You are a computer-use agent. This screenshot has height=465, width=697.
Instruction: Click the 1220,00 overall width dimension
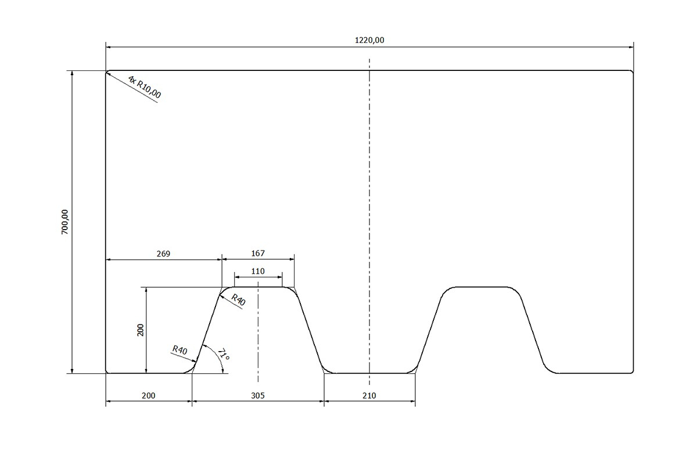(x=369, y=40)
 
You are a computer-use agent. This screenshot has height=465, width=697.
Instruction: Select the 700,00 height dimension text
(x=64, y=222)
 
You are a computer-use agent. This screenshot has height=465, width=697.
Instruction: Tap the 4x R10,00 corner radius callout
(x=145, y=87)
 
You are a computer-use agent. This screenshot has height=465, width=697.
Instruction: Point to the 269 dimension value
(x=163, y=254)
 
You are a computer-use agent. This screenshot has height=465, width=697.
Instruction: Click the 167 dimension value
(x=258, y=253)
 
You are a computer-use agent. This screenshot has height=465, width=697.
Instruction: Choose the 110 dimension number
(x=258, y=271)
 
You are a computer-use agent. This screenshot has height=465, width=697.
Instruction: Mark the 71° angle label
(x=224, y=355)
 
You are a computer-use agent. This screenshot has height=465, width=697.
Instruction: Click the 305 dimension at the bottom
(x=258, y=396)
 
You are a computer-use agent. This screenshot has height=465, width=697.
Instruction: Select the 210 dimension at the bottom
(x=369, y=396)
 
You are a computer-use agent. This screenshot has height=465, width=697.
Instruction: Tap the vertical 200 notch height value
(x=141, y=330)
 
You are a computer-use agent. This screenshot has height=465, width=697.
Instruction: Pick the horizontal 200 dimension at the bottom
(x=149, y=396)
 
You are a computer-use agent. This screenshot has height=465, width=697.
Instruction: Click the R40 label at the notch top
(x=238, y=299)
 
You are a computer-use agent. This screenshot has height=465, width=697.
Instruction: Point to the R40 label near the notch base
(x=180, y=350)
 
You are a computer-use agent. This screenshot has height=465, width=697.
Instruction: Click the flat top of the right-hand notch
(x=482, y=287)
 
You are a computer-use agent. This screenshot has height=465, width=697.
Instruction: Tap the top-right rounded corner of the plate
(x=632, y=72)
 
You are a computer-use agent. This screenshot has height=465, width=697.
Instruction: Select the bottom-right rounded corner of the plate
(x=632, y=371)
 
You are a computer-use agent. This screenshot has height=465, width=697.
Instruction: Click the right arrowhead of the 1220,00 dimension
(x=631, y=47)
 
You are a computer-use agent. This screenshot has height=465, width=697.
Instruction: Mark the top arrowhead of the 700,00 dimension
(x=72, y=73)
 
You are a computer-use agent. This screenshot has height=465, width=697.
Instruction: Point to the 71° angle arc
(x=217, y=355)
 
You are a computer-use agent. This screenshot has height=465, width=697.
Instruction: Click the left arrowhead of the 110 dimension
(x=237, y=277)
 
